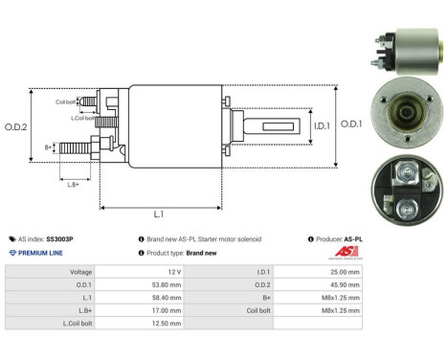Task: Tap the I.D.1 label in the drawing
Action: (x=322, y=125)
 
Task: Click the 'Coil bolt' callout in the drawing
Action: (x=66, y=101)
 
